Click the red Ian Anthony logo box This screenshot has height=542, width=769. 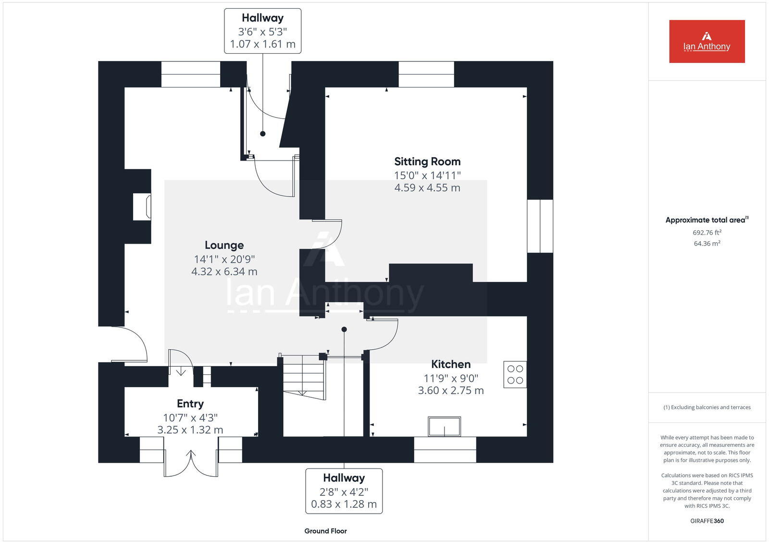[x=707, y=41]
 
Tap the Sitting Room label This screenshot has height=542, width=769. [x=427, y=161]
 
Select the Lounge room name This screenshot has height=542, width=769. [x=224, y=246]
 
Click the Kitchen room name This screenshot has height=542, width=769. [x=450, y=364]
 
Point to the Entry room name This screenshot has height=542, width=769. [x=190, y=404]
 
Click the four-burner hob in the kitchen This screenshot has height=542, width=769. [x=515, y=374]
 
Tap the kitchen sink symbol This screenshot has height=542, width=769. [x=445, y=426]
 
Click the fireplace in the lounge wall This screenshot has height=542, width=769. [x=142, y=207]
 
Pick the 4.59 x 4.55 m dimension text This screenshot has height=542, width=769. [x=427, y=188]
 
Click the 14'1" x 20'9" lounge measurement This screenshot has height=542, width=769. [x=224, y=259]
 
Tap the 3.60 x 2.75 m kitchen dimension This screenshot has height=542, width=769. [x=450, y=391]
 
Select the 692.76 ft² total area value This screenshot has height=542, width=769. [x=707, y=233]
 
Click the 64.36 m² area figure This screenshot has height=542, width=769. [x=707, y=244]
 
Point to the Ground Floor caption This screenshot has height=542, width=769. [x=325, y=531]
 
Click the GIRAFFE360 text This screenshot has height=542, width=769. [x=707, y=521]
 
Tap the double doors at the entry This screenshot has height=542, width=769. [x=191, y=463]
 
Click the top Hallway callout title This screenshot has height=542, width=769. [x=262, y=18]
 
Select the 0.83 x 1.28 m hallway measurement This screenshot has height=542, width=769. [x=344, y=505]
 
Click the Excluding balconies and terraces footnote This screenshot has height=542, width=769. [x=707, y=407]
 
